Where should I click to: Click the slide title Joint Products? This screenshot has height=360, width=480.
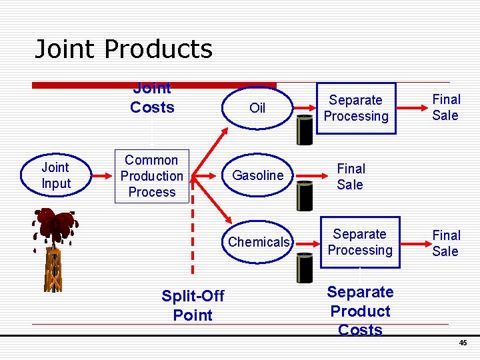[x=123, y=49]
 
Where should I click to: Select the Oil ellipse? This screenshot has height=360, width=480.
[x=257, y=108]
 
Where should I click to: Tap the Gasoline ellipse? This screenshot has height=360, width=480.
[x=257, y=175]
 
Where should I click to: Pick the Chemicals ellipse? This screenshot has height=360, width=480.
[x=259, y=242]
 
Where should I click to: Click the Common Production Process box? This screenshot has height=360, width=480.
[x=151, y=176]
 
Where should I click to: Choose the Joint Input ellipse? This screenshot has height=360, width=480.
[x=55, y=176]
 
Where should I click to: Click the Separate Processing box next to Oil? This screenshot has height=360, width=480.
[x=356, y=108]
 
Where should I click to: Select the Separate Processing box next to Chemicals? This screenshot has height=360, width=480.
[x=360, y=242]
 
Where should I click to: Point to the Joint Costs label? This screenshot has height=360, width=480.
[x=152, y=99]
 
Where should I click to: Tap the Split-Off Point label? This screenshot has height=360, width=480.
[x=193, y=305]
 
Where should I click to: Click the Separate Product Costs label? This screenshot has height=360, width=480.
[x=360, y=311]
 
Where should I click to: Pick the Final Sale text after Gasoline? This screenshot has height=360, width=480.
[x=350, y=177]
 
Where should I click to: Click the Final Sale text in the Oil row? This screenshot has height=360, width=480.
[x=445, y=107]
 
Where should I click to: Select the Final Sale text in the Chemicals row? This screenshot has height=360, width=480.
[x=445, y=243]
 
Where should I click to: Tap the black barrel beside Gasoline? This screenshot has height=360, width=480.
[x=305, y=195]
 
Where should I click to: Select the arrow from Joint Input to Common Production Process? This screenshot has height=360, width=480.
[x=101, y=176]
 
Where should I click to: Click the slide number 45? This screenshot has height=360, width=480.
[x=463, y=343]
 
